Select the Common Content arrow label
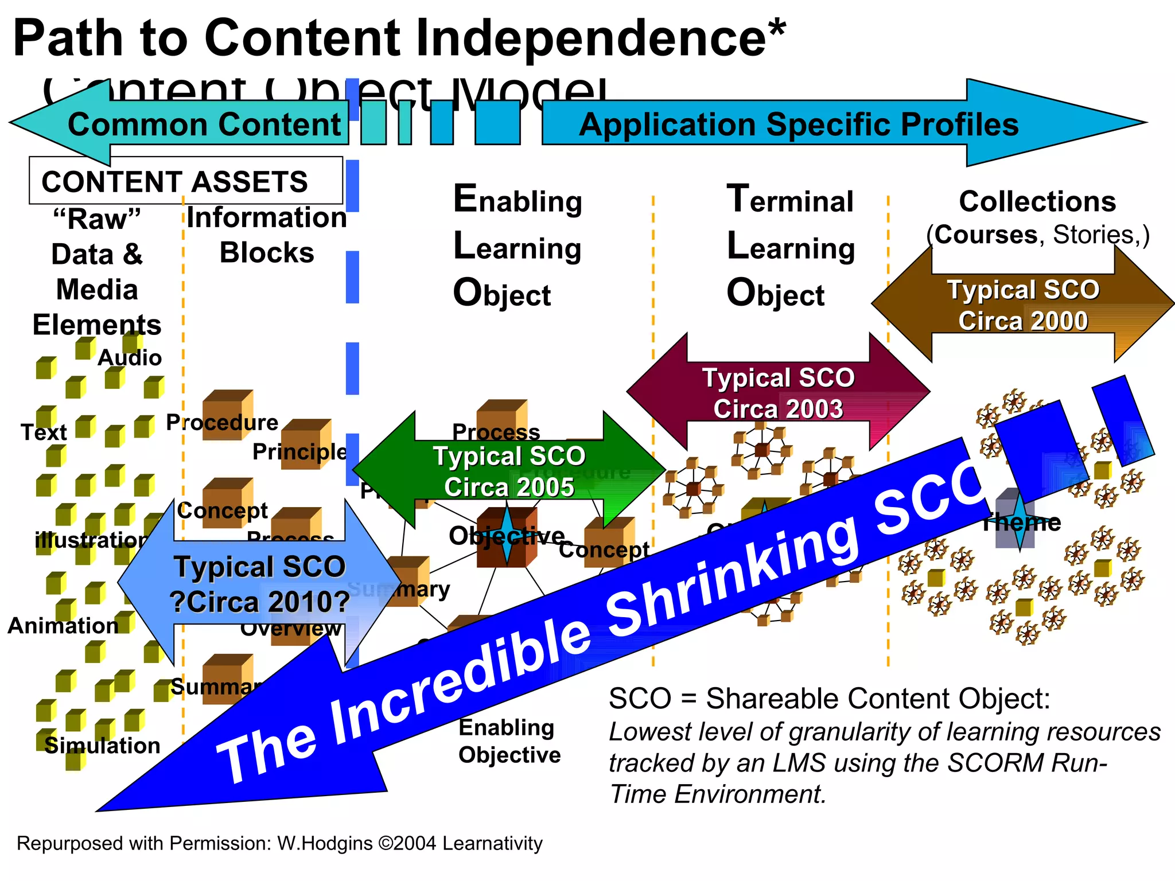(x=204, y=124)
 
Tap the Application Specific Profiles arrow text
(x=799, y=124)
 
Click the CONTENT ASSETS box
(x=185, y=181)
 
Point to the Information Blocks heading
(x=267, y=235)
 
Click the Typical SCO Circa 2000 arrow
(x=1023, y=305)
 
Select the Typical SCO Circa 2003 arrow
(x=778, y=393)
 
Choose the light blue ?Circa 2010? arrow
(x=259, y=584)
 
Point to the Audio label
(x=130, y=358)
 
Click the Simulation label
(x=102, y=746)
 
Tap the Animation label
(x=63, y=626)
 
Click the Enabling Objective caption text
(x=509, y=741)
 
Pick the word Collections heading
(x=1037, y=202)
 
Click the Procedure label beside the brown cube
(x=222, y=423)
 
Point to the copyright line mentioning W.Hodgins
(x=279, y=844)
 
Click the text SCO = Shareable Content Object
(x=829, y=699)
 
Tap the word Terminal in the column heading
(x=790, y=201)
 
